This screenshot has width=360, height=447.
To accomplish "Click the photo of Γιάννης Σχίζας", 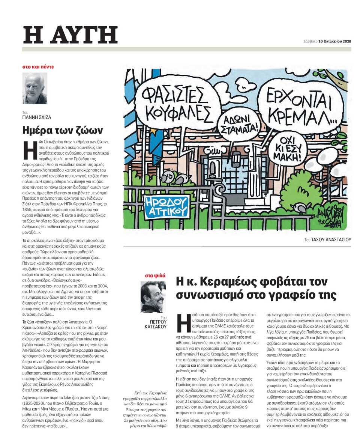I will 35,88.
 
